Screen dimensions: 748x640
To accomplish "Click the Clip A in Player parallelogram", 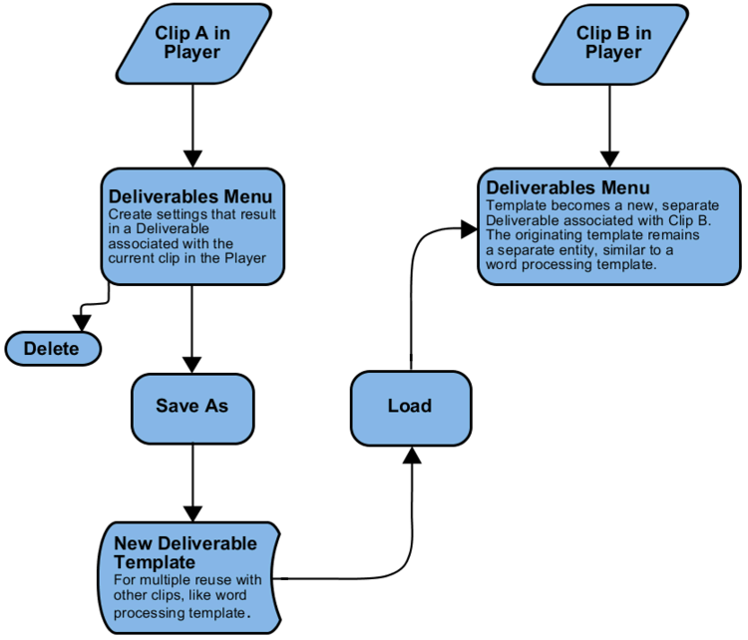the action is pos(193,44).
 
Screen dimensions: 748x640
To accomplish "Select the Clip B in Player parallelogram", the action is pos(610,44).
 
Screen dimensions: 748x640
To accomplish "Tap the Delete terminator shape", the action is pos(53,349).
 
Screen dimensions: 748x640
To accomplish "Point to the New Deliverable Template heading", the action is pos(186,552).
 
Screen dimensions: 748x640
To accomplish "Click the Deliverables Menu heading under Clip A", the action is pos(190,196).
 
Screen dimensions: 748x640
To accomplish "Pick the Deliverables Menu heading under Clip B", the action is pos(567,187).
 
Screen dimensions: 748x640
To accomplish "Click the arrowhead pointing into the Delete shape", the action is pos(82,323).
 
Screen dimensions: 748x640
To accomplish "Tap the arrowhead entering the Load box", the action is pos(412,455).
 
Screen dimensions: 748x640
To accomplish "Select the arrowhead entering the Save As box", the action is pos(191,365).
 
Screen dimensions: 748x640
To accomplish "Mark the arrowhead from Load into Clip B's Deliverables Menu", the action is pos(469,229).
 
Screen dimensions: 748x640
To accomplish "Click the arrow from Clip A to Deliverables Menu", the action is pos(192,127).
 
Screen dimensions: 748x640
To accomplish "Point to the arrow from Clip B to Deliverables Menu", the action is pos(609,127).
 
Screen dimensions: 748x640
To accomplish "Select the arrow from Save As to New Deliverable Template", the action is pos(192,483).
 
